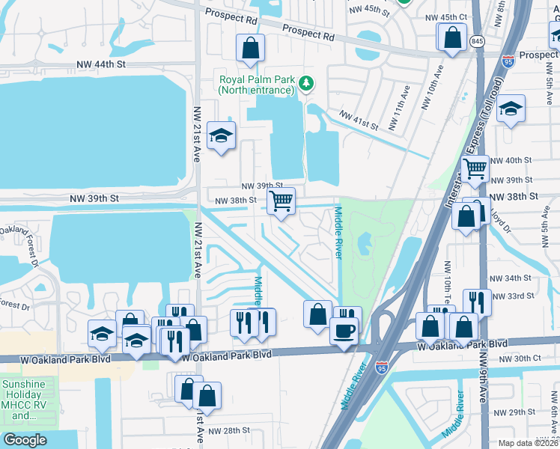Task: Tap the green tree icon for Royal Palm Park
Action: point(305,83)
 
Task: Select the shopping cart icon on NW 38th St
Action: point(281,201)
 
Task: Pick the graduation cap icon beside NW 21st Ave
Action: point(221,135)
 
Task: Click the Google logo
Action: point(25,439)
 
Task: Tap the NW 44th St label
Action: point(98,65)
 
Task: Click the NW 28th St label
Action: point(228,430)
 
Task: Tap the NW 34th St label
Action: point(517,278)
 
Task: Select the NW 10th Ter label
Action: point(448,284)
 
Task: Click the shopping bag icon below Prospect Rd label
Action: point(251,49)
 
